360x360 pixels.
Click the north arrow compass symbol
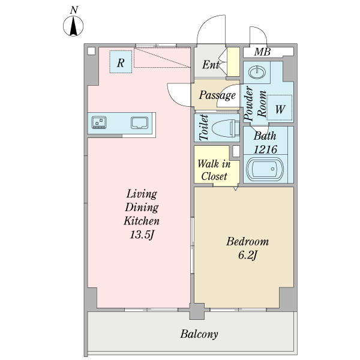pos(73,26)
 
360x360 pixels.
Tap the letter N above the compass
pos(73,10)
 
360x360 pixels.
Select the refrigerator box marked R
pos(121,62)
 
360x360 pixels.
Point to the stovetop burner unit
pos(98,123)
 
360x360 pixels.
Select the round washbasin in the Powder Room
pos(257,73)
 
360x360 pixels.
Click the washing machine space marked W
pos(280,109)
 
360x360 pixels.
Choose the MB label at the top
pos(262,52)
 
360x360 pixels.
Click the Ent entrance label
pos(210,65)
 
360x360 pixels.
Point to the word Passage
pos(217,95)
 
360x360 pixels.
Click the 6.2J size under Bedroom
pos(247,256)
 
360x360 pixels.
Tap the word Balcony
pos(199,334)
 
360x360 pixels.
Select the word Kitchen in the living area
pos(142,221)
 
